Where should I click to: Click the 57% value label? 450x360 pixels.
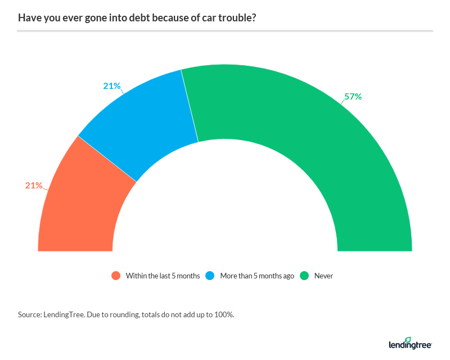353,96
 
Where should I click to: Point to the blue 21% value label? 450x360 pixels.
111,85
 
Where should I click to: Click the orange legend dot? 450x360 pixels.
116,276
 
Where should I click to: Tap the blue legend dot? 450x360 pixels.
210,276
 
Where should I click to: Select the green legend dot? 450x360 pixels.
304,276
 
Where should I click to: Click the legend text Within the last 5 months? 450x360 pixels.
163,276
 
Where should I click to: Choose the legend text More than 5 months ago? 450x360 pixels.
257,276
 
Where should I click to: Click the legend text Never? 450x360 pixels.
323,276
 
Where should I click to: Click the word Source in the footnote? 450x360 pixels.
29,314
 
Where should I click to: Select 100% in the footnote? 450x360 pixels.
223,314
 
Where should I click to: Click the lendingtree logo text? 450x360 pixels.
409,344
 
